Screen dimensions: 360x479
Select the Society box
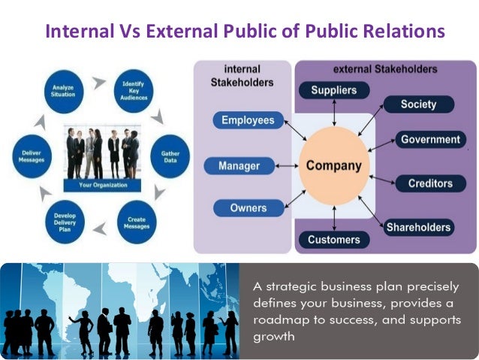coord(417,104)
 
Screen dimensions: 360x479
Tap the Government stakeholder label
coord(429,140)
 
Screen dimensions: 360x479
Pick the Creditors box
coord(429,183)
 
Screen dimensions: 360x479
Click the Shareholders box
coord(418,227)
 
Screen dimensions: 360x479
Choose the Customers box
coord(333,241)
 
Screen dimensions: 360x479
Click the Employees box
coord(249,119)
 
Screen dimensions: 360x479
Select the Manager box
coord(239,165)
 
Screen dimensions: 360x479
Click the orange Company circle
coord(333,165)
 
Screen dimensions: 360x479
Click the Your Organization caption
coord(103,184)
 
